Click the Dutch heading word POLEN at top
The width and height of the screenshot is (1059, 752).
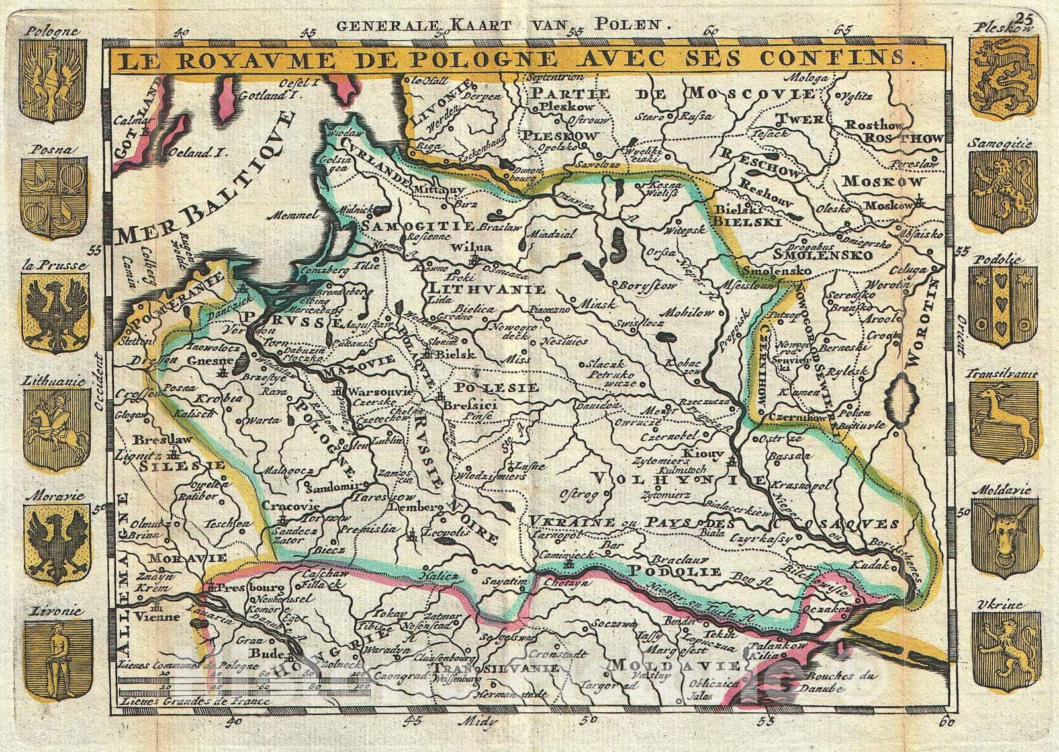(626, 26)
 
